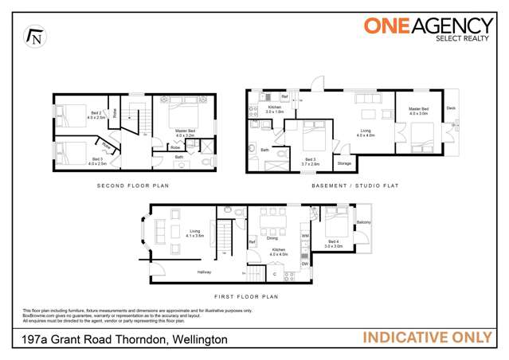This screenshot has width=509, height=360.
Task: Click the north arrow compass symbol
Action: pos(34,36)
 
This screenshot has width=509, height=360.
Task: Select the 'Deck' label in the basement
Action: pos(450,107)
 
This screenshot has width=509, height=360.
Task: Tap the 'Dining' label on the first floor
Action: pos(272,237)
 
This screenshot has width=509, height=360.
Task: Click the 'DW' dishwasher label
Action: pos(304,264)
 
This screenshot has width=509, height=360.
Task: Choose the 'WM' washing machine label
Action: pos(304,236)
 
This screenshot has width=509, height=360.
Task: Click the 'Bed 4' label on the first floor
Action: pos(333,243)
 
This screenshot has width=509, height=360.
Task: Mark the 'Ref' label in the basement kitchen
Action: pos(284,96)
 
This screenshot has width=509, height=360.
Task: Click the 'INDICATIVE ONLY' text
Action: pos(427,338)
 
